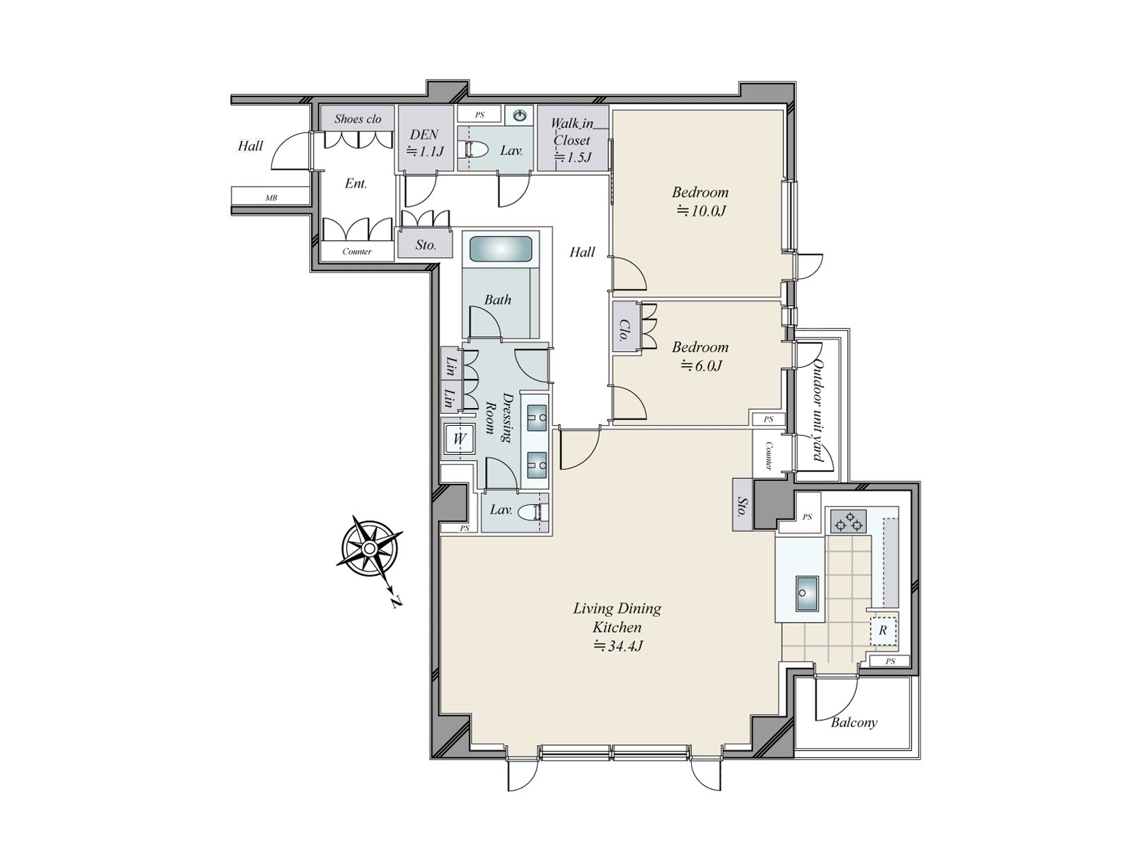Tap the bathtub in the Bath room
pos(500,250)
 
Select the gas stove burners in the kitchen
pos(849,522)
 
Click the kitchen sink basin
pos(807,594)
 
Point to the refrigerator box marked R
pos(882,630)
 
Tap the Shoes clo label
pos(358,119)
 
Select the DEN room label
pos(424,135)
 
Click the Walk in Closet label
pos(571,140)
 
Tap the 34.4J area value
pos(617,645)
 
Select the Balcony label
pos(854,722)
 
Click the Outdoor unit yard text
pos(817,411)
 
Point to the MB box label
pos(271,197)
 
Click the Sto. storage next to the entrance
pos(425,244)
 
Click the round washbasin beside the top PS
pos(520,115)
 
